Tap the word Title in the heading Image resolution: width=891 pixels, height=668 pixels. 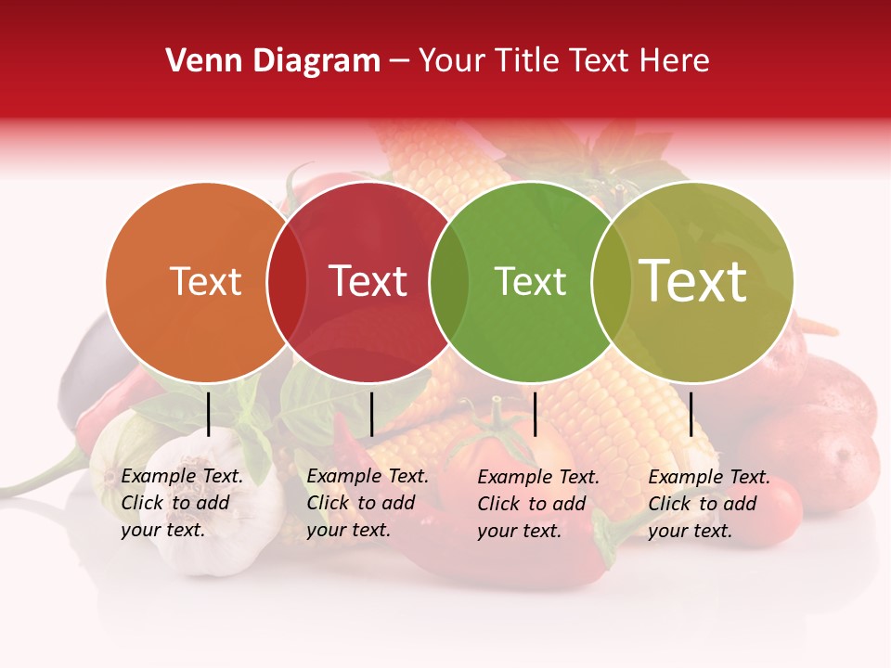(528, 61)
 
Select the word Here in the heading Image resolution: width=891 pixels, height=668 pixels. (673, 61)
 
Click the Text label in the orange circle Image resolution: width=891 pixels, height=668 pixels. (205, 282)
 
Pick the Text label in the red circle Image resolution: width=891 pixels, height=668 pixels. (368, 282)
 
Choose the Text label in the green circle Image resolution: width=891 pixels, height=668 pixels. (530, 282)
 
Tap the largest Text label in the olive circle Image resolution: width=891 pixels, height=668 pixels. (693, 281)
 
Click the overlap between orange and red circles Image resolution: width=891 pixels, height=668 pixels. (287, 282)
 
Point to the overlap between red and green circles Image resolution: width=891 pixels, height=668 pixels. (449, 282)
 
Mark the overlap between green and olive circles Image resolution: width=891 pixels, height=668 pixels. (612, 282)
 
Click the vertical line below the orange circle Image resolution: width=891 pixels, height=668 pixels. (209, 414)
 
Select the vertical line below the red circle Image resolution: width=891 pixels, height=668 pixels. (371, 414)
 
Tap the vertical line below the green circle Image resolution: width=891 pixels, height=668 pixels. (535, 414)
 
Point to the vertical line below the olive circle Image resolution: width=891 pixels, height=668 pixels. (691, 414)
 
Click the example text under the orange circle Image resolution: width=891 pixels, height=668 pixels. (181, 503)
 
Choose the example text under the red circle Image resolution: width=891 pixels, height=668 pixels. (367, 503)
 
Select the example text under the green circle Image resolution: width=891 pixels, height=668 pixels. (537, 504)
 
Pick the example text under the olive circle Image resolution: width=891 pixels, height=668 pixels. (708, 504)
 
